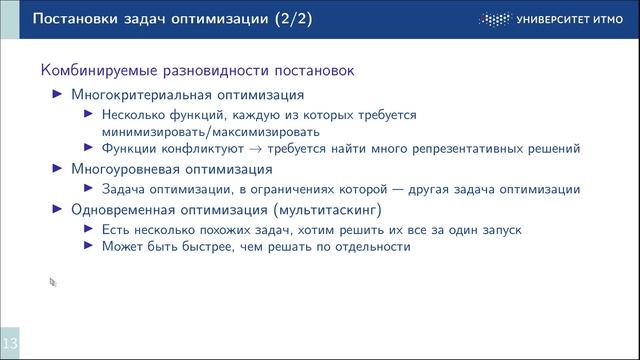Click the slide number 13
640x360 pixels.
pos(10,343)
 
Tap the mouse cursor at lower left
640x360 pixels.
pos(53,283)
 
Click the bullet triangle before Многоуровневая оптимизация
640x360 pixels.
pos(56,170)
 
